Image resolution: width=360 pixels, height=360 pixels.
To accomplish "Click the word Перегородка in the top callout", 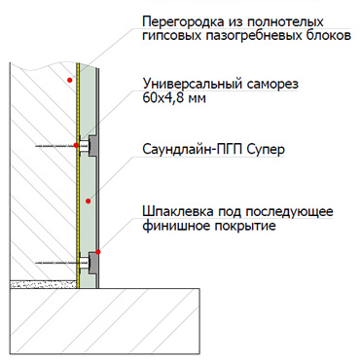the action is click(x=183, y=22).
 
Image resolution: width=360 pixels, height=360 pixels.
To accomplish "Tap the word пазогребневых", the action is click(x=252, y=36).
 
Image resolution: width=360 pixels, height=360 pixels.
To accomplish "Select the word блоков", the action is click(x=327, y=35).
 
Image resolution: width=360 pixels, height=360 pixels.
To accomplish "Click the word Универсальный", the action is click(x=193, y=84).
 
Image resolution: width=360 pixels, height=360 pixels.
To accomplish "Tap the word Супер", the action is click(x=266, y=150).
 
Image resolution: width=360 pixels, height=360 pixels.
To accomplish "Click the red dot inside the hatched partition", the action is click(x=69, y=80).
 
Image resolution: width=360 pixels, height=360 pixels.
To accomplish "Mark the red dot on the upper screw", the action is click(x=76, y=145).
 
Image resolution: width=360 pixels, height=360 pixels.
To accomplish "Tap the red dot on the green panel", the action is click(x=88, y=201).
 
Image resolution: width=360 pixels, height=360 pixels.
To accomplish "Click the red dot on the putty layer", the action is click(x=98, y=252).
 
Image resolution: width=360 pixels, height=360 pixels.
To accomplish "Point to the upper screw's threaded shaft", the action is click(x=55, y=146).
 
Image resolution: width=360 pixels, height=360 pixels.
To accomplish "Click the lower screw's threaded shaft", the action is click(x=55, y=263).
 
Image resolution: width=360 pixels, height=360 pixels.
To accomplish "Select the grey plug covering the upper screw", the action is click(x=93, y=146).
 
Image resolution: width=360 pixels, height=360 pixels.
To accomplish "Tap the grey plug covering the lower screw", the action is click(x=93, y=262).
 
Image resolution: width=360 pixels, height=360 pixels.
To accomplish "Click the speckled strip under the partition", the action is click(x=44, y=284).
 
